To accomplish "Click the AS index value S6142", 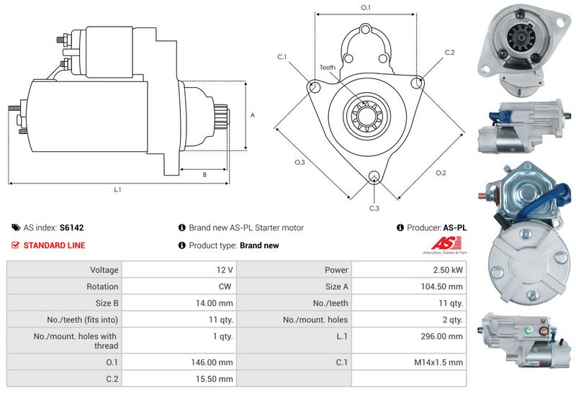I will pos(71,227).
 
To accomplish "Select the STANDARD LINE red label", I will pos(54,245).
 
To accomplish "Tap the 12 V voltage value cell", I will pos(224,270).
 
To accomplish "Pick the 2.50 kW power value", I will pos(446,270).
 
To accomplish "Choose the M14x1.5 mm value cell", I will pos(438,362).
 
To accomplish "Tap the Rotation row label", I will pos(103,286).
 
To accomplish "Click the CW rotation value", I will pos(226,286).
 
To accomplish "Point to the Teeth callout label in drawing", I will pos(327,68).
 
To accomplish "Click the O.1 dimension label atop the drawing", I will pos(365,7).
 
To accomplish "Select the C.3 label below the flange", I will pos(374,208).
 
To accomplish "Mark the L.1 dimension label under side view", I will pos(117,190).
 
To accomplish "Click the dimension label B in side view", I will pos(204,174).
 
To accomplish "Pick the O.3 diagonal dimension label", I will pos(300,163).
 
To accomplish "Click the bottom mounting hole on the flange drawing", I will pos(374,177).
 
